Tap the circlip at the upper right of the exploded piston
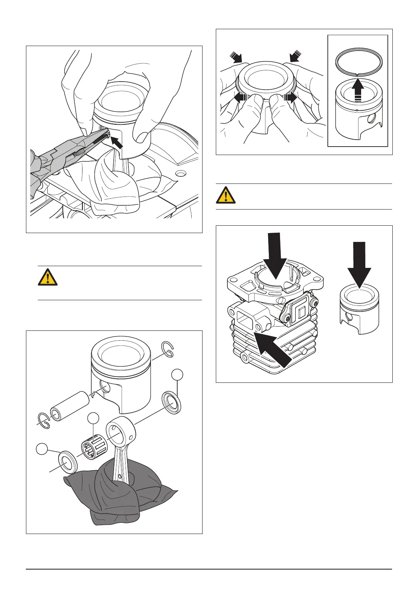coord(167,349)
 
